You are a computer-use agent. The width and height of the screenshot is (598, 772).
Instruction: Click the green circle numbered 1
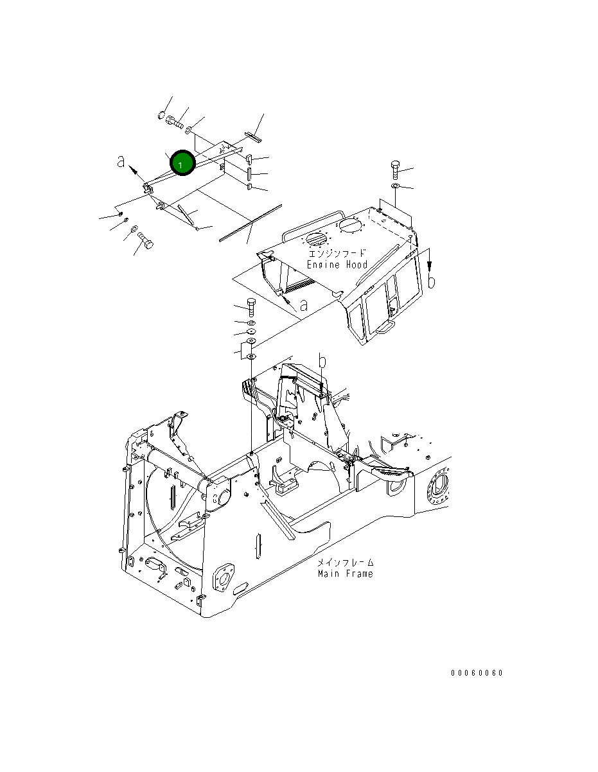[182, 162]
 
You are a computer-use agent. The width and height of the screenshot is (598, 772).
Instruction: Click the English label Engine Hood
[337, 265]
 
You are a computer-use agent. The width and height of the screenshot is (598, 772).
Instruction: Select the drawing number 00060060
[477, 673]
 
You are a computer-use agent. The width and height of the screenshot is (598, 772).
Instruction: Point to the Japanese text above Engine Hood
[337, 253]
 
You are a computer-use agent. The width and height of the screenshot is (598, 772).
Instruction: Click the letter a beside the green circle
[121, 162]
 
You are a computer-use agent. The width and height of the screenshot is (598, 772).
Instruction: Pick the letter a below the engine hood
[304, 305]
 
